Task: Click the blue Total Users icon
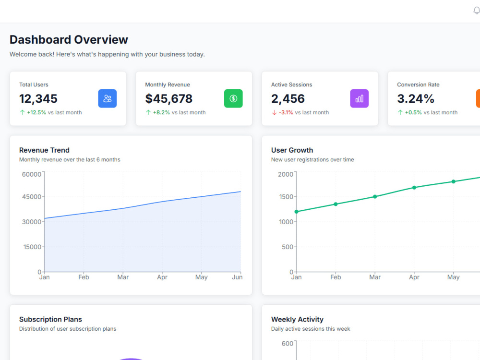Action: [x=107, y=98]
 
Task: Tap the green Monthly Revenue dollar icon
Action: [x=233, y=98]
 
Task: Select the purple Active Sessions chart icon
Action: [x=360, y=98]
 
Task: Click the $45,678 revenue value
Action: [x=168, y=98]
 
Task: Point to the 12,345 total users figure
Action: [x=38, y=98]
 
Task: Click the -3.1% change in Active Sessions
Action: [x=286, y=112]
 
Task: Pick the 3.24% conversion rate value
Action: [x=415, y=98]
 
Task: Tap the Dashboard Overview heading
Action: [x=69, y=40]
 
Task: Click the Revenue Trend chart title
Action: [x=44, y=150]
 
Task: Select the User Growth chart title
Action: [x=292, y=150]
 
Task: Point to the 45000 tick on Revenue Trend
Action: [x=32, y=196]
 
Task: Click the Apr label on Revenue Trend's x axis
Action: [x=162, y=277]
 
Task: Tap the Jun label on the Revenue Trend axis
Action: [x=237, y=277]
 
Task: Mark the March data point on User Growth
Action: [x=375, y=196]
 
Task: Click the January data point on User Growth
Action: [x=296, y=212]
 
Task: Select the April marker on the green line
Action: [x=414, y=187]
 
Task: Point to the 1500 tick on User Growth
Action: [x=286, y=196]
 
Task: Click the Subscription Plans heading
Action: [x=50, y=319]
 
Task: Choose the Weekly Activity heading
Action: [x=297, y=319]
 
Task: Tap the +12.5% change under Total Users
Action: [x=36, y=112]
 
